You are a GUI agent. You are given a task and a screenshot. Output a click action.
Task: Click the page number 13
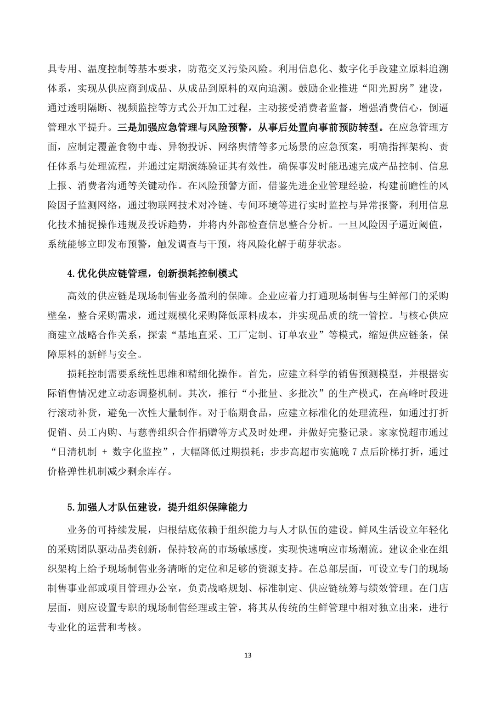click(248, 655)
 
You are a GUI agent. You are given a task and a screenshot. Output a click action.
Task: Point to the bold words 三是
click(127, 126)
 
